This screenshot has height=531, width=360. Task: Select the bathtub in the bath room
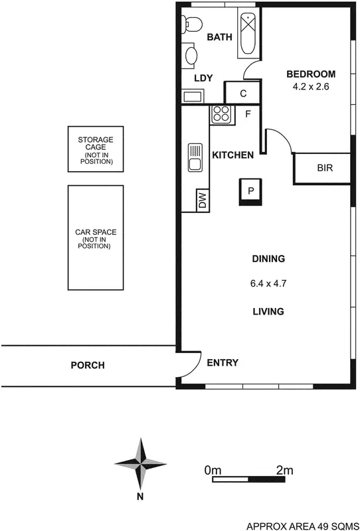(x=248, y=33)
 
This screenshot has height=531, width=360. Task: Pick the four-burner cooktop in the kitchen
(x=221, y=114)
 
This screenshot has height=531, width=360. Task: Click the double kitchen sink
(x=195, y=157)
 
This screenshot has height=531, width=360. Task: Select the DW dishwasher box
(x=202, y=200)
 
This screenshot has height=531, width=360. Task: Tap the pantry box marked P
(x=251, y=190)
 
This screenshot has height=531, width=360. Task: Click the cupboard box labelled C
(x=244, y=92)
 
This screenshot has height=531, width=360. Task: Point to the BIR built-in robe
(x=324, y=169)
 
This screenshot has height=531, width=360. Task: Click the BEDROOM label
(x=311, y=74)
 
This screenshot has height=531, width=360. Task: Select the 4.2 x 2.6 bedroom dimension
(x=311, y=86)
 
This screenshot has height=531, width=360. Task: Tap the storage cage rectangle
(x=96, y=150)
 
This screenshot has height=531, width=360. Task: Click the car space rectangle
(x=96, y=237)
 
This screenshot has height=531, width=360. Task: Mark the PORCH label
(x=88, y=365)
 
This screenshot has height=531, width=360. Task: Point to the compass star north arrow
(x=140, y=463)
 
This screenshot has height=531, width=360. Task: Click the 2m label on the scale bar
(x=284, y=470)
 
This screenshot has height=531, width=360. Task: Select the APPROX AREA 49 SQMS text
(x=302, y=524)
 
